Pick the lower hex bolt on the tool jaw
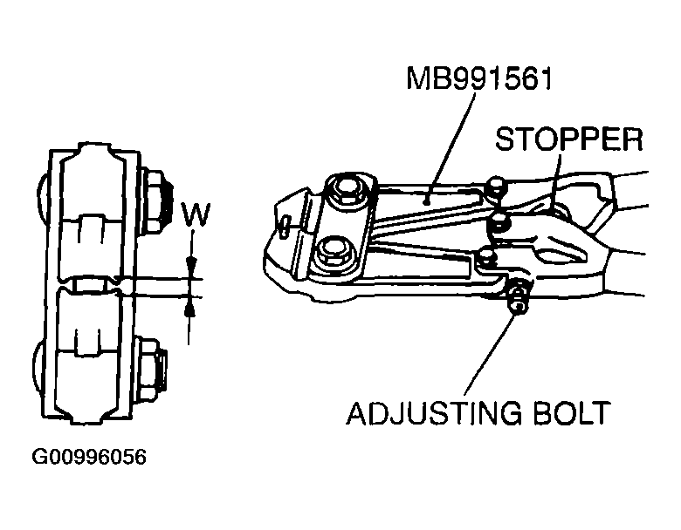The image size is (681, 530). tap(334, 253)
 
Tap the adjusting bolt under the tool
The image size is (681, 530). tap(518, 296)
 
